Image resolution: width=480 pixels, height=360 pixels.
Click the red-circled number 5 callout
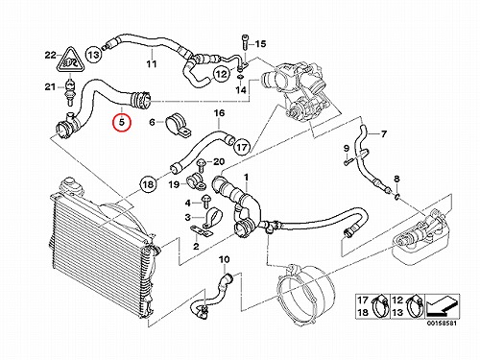click(x=122, y=123)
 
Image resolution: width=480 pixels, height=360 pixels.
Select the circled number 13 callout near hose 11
click(x=94, y=55)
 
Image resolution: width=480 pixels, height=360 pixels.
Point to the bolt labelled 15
click(x=245, y=42)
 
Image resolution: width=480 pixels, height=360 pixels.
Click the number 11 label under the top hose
click(x=152, y=64)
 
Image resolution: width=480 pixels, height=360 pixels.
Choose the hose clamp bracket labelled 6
click(x=178, y=126)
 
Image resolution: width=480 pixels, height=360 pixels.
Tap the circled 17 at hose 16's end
click(x=242, y=147)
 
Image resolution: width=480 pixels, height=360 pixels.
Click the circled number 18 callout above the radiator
click(x=148, y=185)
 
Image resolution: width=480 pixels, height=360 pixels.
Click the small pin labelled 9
click(x=348, y=161)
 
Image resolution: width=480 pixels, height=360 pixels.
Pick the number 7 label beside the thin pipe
click(x=384, y=133)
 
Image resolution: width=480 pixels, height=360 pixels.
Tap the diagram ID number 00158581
click(x=442, y=324)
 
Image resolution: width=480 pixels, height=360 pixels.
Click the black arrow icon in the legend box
click(x=443, y=306)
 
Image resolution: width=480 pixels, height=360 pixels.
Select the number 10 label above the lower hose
click(x=225, y=259)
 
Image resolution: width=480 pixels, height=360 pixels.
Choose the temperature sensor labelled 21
click(x=69, y=91)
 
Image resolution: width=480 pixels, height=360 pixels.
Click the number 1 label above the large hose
click(x=246, y=177)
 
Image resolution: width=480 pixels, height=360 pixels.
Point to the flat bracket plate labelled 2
click(x=201, y=231)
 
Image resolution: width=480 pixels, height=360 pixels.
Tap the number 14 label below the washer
click(x=241, y=90)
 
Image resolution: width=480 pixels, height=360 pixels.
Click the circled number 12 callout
click(x=222, y=75)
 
